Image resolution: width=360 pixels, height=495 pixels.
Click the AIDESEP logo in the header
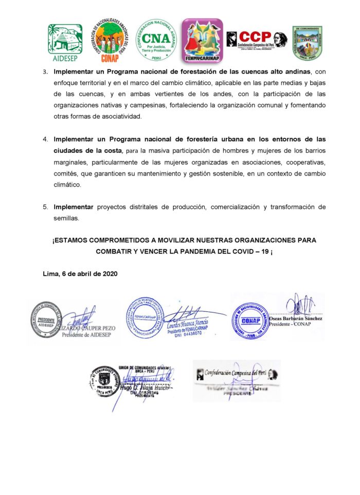65,42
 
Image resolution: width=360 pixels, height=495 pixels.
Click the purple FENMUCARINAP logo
202,40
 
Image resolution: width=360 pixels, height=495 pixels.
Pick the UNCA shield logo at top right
307,42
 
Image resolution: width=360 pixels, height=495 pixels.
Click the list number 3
45,70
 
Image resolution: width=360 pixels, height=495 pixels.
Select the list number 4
45,139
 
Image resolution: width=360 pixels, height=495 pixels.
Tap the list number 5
45,207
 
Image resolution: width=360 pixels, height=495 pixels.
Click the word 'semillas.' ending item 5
66,218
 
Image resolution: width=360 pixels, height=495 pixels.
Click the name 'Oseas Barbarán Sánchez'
296,317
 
